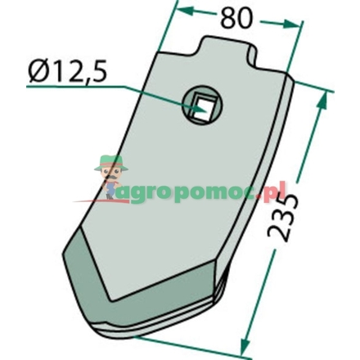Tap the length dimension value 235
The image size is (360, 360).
281,218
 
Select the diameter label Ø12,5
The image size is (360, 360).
67,73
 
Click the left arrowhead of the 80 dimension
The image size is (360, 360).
186,11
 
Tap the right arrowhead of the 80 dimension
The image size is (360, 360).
292,25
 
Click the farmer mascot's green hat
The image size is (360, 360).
110,163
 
